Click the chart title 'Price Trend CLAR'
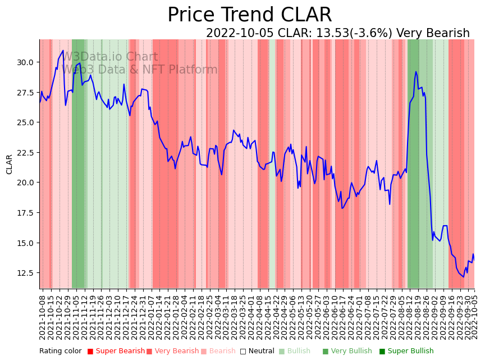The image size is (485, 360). [x=249, y=15]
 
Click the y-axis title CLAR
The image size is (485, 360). [x=10, y=164]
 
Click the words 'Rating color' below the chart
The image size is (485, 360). [x=60, y=351]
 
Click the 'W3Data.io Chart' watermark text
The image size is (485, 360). [x=110, y=57]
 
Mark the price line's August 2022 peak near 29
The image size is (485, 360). [x=416, y=72]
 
